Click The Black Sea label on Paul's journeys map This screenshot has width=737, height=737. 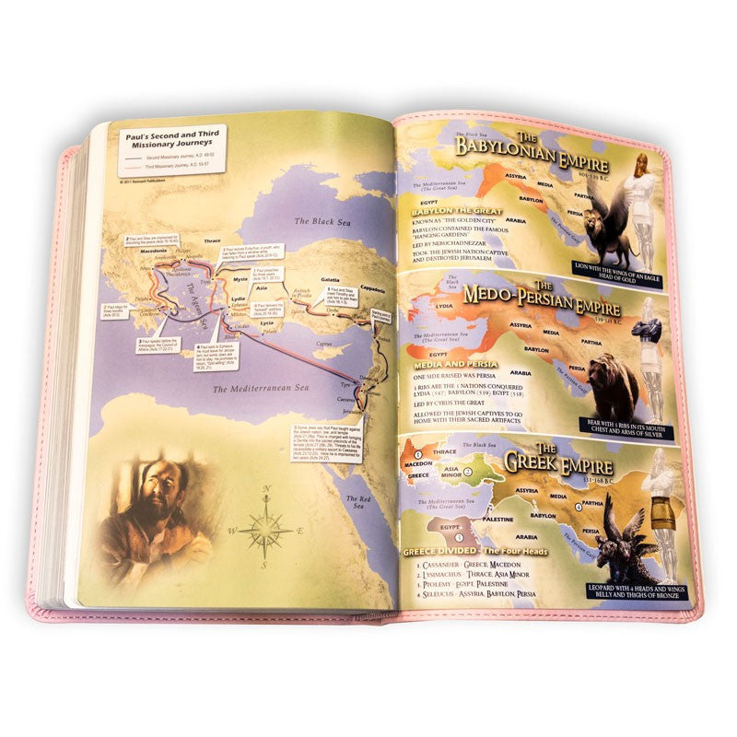tap(318, 222)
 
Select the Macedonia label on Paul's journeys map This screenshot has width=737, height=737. tap(135, 252)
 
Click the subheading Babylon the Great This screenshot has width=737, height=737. tap(453, 211)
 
